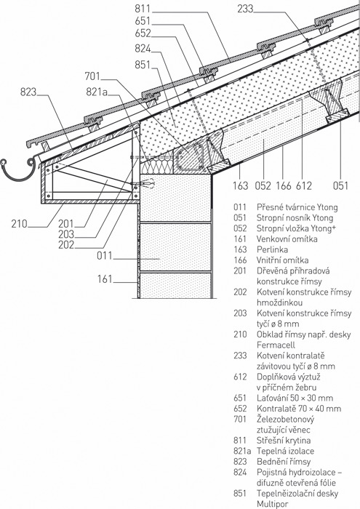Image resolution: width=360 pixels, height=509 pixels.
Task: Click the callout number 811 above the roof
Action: point(143,9)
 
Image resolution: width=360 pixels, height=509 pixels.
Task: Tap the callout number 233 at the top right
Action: point(245,9)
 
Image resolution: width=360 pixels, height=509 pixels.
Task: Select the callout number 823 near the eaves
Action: point(28,92)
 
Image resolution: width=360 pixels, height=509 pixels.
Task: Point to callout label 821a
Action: point(97,92)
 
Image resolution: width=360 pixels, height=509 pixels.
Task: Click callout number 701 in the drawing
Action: point(92,76)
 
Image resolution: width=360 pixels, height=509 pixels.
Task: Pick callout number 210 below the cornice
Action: point(19,224)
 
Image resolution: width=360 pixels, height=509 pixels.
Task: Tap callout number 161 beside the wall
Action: point(105,278)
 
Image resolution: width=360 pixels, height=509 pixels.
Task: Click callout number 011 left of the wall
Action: point(105,255)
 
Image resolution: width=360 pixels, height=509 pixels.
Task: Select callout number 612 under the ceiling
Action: point(304,185)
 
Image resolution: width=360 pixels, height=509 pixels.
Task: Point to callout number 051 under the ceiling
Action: point(340,185)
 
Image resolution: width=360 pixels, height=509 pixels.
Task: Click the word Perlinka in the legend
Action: point(272,249)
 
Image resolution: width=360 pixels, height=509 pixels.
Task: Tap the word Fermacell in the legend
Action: point(276,345)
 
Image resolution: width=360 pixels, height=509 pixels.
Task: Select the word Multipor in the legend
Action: point(272,505)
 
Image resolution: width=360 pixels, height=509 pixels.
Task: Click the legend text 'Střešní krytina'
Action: point(284,441)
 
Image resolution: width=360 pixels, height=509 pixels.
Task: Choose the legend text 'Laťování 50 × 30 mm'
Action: point(295,398)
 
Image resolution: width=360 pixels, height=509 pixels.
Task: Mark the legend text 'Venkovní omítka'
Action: point(287,239)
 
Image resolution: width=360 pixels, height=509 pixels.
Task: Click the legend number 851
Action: point(240,494)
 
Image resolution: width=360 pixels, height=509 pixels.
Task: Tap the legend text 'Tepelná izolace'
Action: point(285,452)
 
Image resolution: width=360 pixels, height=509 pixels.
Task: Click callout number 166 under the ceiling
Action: point(284,185)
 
